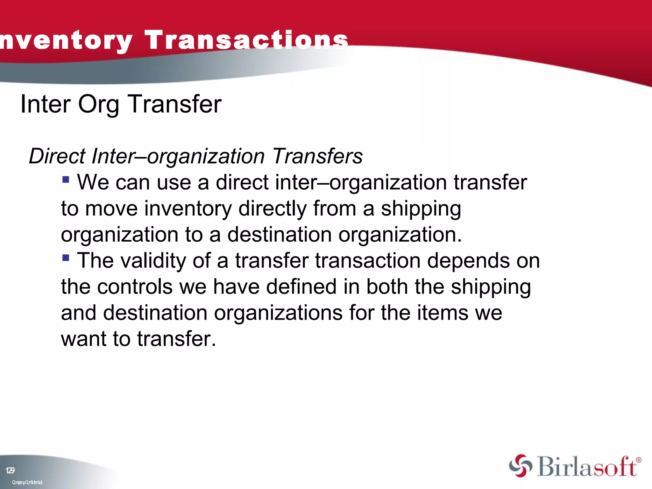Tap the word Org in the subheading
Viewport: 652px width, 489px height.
pyautogui.click(x=99, y=105)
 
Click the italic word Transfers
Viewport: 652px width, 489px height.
pyautogui.click(x=317, y=156)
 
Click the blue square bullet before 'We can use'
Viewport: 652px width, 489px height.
pyautogui.click(x=66, y=180)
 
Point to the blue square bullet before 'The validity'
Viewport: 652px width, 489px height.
pyautogui.click(x=66, y=258)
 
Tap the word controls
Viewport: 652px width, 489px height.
pyautogui.click(x=135, y=287)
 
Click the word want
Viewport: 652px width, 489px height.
pyautogui.click(x=83, y=339)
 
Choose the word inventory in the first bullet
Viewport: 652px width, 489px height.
pyautogui.click(x=188, y=209)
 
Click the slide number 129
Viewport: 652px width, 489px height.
pyautogui.click(x=10, y=471)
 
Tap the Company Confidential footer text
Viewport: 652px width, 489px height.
pyautogui.click(x=27, y=483)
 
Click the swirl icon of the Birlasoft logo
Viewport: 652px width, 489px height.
pyautogui.click(x=520, y=466)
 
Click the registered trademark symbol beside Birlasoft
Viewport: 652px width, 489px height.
pyautogui.click(x=639, y=460)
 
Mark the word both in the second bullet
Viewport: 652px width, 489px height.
pyautogui.click(x=387, y=287)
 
